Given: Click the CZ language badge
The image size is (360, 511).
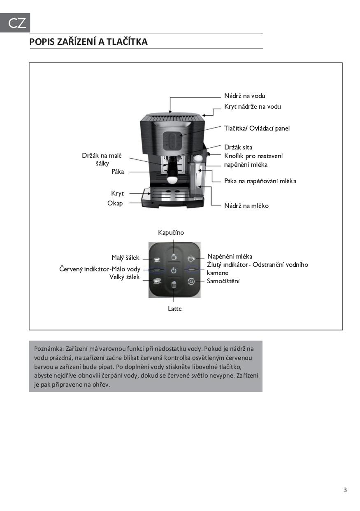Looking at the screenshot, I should click(x=15, y=23).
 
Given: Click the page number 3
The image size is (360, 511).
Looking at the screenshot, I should click(x=345, y=490).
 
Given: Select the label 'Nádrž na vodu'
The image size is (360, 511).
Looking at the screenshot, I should click(x=244, y=96).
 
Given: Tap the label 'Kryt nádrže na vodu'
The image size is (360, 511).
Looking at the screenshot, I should click(x=252, y=107).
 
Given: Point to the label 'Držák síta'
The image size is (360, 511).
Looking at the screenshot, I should click(x=238, y=147).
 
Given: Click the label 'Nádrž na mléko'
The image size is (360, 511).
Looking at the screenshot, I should click(x=246, y=205).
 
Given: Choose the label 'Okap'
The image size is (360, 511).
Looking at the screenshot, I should click(x=115, y=203).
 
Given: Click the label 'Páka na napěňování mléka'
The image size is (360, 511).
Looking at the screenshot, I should click(x=260, y=181).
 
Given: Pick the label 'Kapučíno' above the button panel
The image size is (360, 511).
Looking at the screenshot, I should click(x=171, y=233).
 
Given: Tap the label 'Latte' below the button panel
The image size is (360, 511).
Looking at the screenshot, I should click(x=174, y=308).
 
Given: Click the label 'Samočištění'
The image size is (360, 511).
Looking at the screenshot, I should click(x=223, y=281).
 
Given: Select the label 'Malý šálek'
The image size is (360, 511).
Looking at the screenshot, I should click(x=125, y=258).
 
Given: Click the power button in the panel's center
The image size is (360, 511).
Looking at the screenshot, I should click(x=174, y=271).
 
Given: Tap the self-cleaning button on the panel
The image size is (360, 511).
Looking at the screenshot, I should click(x=191, y=282).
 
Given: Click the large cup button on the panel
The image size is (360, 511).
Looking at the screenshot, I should click(x=157, y=282).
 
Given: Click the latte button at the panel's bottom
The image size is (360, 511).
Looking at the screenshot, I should click(x=174, y=284).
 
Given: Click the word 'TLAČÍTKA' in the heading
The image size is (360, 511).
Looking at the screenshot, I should click(x=127, y=42).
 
